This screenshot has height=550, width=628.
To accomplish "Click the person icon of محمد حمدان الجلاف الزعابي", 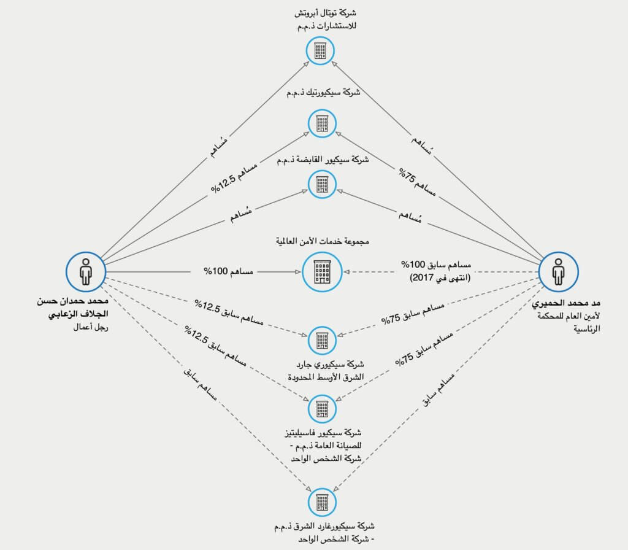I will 86,271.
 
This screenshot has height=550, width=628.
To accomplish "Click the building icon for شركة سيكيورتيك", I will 322,123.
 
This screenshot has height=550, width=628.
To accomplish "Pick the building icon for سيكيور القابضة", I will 322,183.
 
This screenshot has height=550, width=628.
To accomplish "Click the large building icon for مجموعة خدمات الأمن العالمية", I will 322,271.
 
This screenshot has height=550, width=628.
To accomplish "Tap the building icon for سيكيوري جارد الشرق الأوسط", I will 322,339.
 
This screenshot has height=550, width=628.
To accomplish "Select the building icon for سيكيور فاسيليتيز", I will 322,406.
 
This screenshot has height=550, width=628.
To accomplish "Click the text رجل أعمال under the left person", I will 90,327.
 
